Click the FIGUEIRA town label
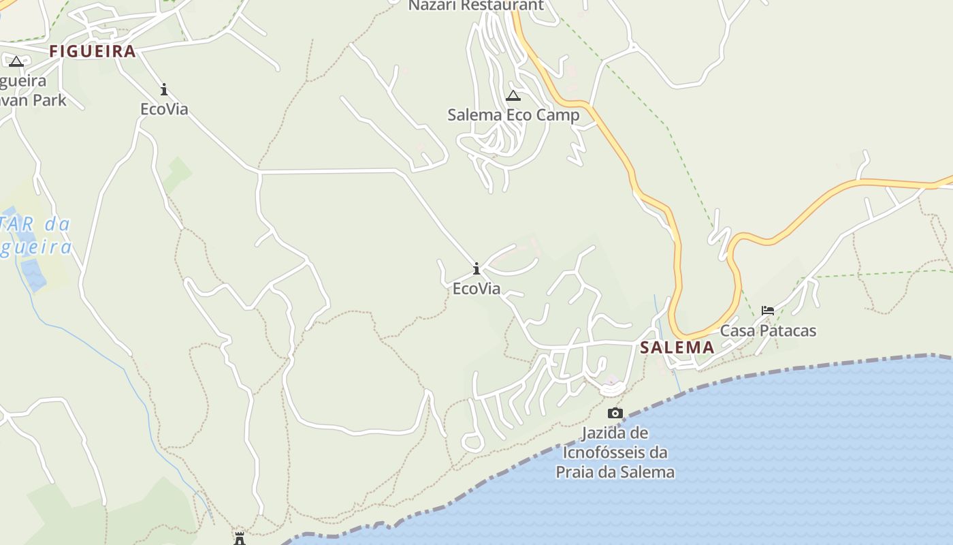(x=93, y=51)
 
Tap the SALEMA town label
(x=677, y=347)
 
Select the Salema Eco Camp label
(x=513, y=115)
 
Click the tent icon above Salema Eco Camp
(x=513, y=96)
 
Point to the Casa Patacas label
(x=768, y=331)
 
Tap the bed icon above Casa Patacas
(x=768, y=311)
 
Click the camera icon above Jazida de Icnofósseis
(x=615, y=413)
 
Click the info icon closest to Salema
(x=476, y=268)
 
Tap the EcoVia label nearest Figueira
(x=164, y=109)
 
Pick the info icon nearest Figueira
(x=164, y=89)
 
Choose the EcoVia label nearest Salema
(x=476, y=289)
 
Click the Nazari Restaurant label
(x=476, y=6)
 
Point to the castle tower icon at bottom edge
(x=240, y=539)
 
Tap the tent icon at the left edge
(x=16, y=62)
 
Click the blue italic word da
(x=58, y=224)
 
